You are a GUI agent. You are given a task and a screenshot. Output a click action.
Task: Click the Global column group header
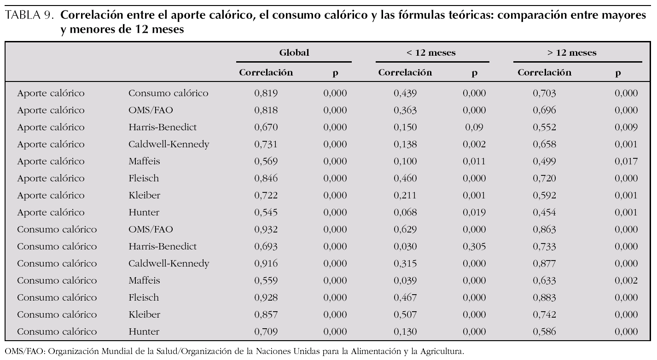[294, 52]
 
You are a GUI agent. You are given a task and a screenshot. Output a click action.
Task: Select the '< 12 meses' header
[431, 52]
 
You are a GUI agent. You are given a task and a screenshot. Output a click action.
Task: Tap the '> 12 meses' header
[572, 52]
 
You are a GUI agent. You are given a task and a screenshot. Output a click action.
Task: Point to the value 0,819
[266, 93]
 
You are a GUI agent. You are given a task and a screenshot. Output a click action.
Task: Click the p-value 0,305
[474, 247]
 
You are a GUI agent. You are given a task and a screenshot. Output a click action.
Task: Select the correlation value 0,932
[266, 230]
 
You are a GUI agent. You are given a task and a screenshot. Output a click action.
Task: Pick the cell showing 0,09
[474, 128]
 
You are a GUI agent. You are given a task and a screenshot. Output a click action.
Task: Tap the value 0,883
[544, 298]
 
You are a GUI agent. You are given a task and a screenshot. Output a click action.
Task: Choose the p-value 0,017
[626, 162]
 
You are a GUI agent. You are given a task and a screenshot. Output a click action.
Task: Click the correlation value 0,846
[266, 179]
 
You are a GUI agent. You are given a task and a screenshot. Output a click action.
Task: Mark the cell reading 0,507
[405, 315]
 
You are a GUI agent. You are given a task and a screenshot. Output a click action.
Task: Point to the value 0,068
[405, 213]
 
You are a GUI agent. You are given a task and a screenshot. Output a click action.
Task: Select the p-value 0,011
[474, 162]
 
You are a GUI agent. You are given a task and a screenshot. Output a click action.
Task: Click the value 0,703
[544, 93]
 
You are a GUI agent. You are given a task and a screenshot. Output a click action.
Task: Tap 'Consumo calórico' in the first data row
[168, 93]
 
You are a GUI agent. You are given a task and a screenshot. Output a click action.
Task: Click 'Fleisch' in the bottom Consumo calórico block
[144, 298]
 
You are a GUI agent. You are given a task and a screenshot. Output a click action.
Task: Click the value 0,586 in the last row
[544, 332]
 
